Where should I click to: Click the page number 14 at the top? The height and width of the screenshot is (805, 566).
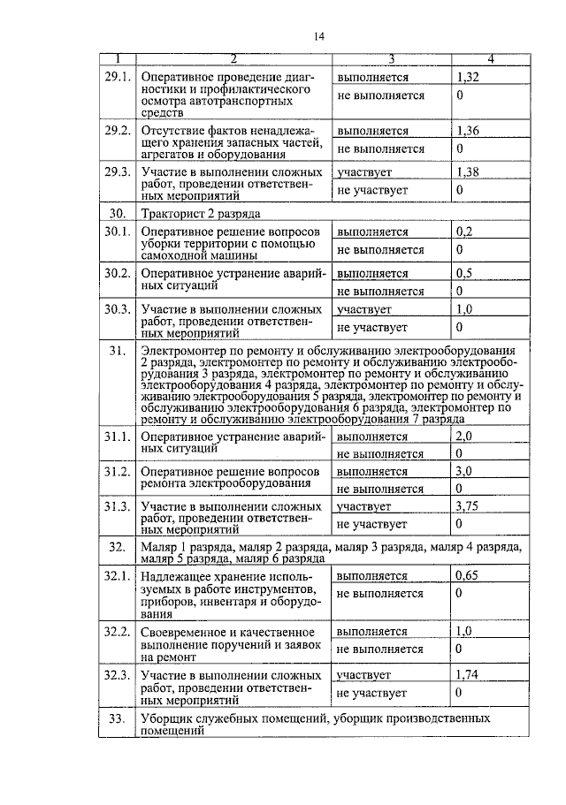click(319, 35)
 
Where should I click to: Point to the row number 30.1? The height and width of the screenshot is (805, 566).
click(118, 232)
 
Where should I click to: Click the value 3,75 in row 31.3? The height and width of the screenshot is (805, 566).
click(467, 506)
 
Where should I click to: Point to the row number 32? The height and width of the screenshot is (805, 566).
click(117, 548)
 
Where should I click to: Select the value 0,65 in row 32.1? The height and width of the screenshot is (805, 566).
click(467, 576)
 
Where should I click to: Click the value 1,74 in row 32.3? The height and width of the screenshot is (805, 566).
click(467, 675)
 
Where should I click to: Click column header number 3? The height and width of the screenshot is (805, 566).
click(390, 59)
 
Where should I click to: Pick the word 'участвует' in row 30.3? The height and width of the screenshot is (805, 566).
click(363, 310)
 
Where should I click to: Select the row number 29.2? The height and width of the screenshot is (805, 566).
click(118, 131)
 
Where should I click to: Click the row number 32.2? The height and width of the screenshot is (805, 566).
click(118, 632)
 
